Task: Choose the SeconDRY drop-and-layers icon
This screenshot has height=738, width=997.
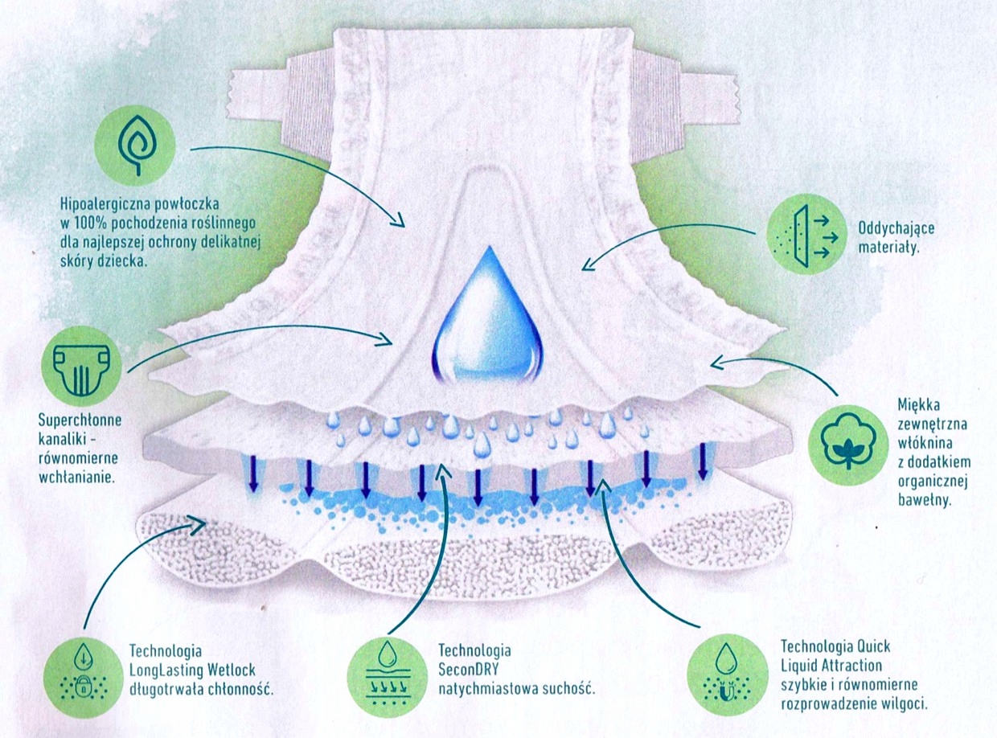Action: tap(388, 671)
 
